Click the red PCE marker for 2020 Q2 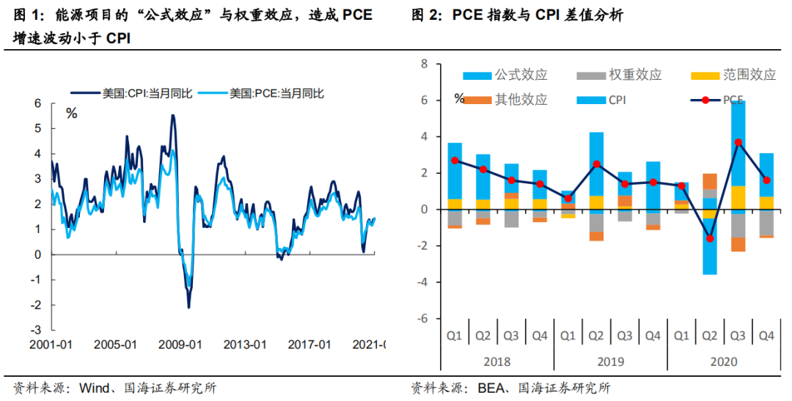pyautogui.click(x=710, y=238)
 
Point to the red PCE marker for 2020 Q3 pyautogui.click(x=738, y=142)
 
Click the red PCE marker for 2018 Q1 pyautogui.click(x=455, y=161)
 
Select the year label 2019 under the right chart pyautogui.click(x=610, y=362)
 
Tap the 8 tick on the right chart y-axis pyautogui.click(x=424, y=64)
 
